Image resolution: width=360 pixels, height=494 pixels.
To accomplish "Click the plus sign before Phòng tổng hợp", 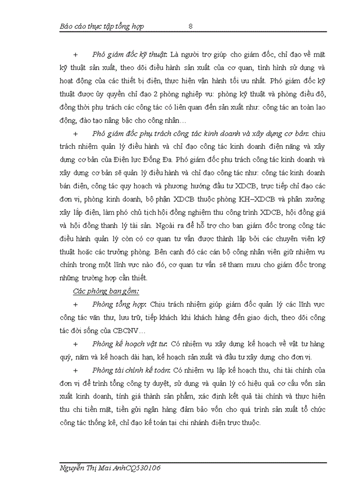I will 76,305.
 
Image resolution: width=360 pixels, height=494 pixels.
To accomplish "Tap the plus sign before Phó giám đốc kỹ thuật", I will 76,54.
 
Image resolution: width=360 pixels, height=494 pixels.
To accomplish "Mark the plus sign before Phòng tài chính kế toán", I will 76,370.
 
